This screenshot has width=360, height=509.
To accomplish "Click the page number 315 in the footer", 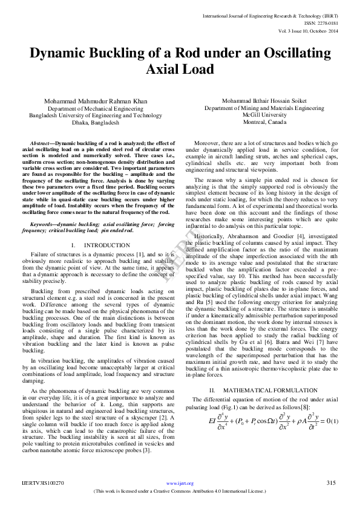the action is (x=330, y=483).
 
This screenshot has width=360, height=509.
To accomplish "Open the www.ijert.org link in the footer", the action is (x=180, y=484).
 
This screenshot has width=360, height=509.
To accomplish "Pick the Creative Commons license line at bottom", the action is (x=180, y=491).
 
